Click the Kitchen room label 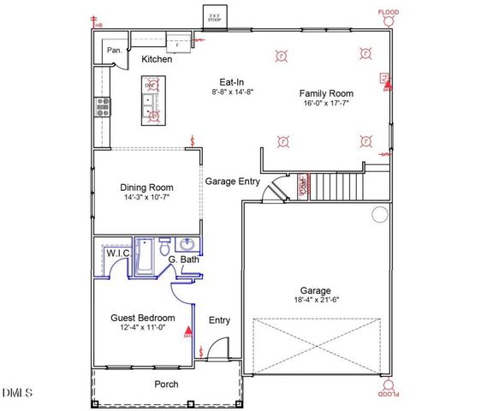click(157, 60)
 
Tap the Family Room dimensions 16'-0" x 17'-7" click(326, 104)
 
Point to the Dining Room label click(147, 188)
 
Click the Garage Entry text click(232, 182)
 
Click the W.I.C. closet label click(117, 254)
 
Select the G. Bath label click(184, 259)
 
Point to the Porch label click(166, 384)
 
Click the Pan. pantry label click(115, 51)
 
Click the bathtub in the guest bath click(145, 257)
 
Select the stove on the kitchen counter click(101, 106)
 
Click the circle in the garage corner click(378, 214)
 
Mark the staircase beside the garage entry click(335, 184)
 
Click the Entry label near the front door click(220, 320)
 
